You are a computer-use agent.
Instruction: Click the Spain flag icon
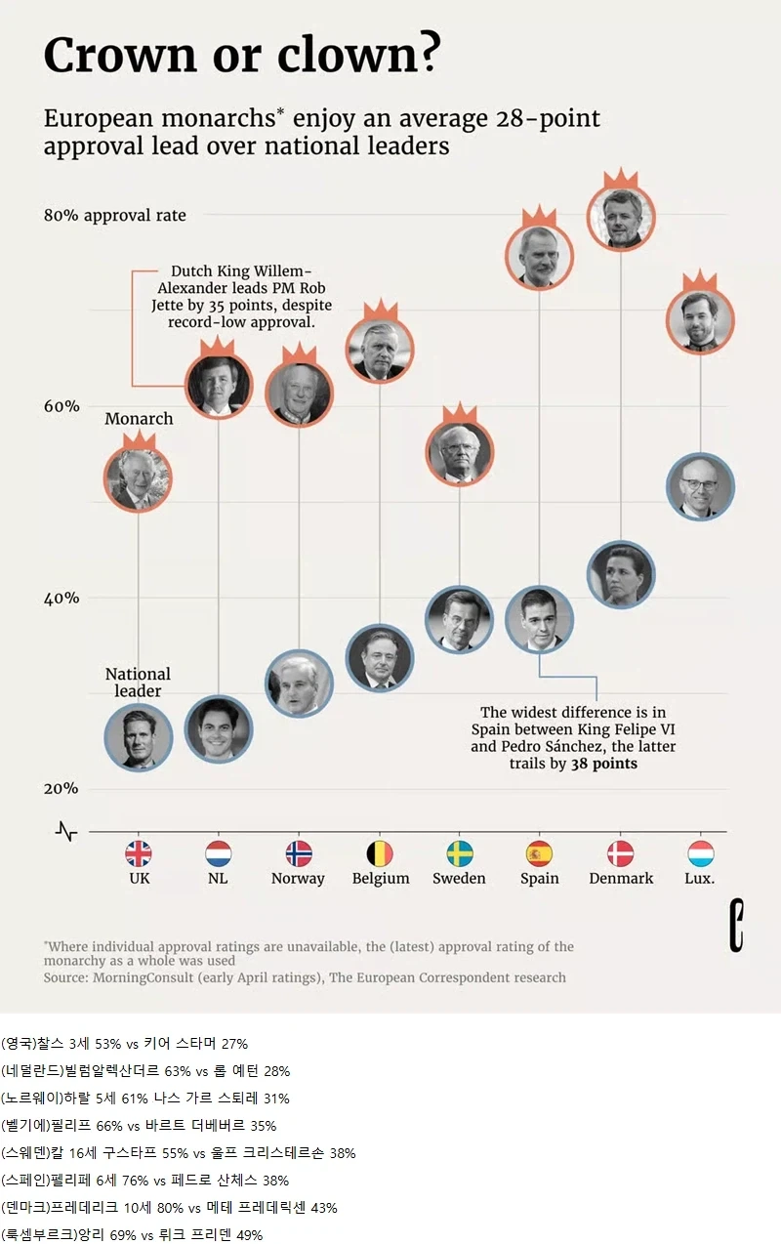pyautogui.click(x=539, y=853)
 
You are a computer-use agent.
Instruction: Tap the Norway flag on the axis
pyautogui.click(x=299, y=853)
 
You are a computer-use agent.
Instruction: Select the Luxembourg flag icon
pyautogui.click(x=700, y=853)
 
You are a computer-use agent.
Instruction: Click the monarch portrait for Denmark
pyautogui.click(x=621, y=217)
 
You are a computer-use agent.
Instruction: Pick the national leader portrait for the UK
pyautogui.click(x=139, y=737)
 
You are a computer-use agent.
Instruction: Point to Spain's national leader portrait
pyautogui.click(x=539, y=619)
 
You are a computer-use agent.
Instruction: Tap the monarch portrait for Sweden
pyautogui.click(x=459, y=453)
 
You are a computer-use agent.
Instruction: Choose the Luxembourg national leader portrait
pyautogui.click(x=700, y=486)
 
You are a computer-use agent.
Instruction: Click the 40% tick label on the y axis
pyautogui.click(x=62, y=599)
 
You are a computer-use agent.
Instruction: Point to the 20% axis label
pyautogui.click(x=62, y=789)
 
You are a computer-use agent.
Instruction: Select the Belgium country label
pyautogui.click(x=380, y=879)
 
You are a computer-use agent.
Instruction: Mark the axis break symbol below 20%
pyautogui.click(x=66, y=832)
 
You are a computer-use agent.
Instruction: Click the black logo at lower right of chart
pyautogui.click(x=736, y=926)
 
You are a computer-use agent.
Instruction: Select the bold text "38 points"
pyautogui.click(x=604, y=764)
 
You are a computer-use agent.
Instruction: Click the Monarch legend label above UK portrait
pyautogui.click(x=139, y=418)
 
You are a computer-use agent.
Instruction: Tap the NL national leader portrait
pyautogui.click(x=218, y=729)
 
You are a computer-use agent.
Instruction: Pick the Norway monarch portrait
pyautogui.click(x=299, y=394)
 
